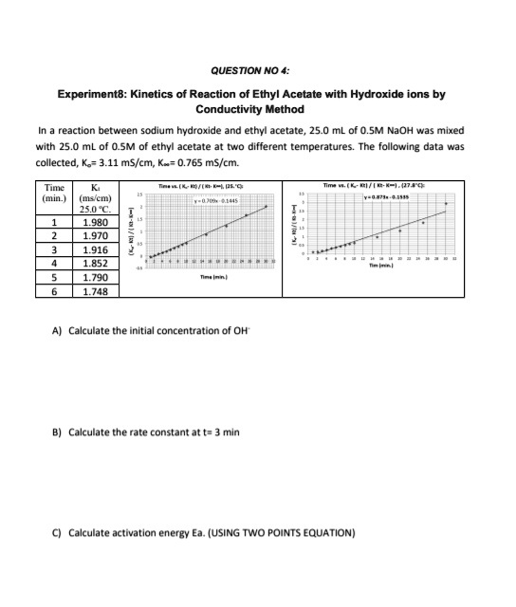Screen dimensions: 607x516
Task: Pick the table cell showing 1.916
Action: [x=95, y=249]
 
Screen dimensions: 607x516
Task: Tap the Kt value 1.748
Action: [x=95, y=292]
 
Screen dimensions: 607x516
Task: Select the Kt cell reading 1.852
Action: [x=95, y=264]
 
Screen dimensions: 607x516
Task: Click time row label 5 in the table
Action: [x=56, y=278]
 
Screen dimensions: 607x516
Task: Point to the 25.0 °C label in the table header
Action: [x=95, y=209]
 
